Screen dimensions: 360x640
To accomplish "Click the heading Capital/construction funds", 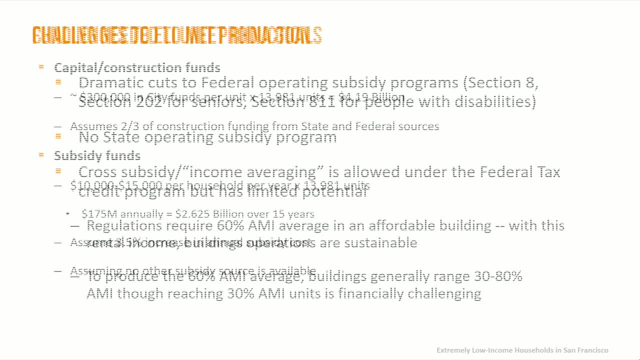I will coord(137,67).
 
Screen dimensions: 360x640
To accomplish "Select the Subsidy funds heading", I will coord(97,155).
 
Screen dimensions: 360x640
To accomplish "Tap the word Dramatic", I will coord(110,82).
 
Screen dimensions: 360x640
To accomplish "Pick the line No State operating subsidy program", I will coord(207,137).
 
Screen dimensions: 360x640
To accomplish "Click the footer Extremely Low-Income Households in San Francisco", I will coord(522,350).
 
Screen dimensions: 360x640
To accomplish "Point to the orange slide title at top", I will coord(177,35).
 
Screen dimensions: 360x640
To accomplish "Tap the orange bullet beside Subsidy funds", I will coord(41,155).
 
